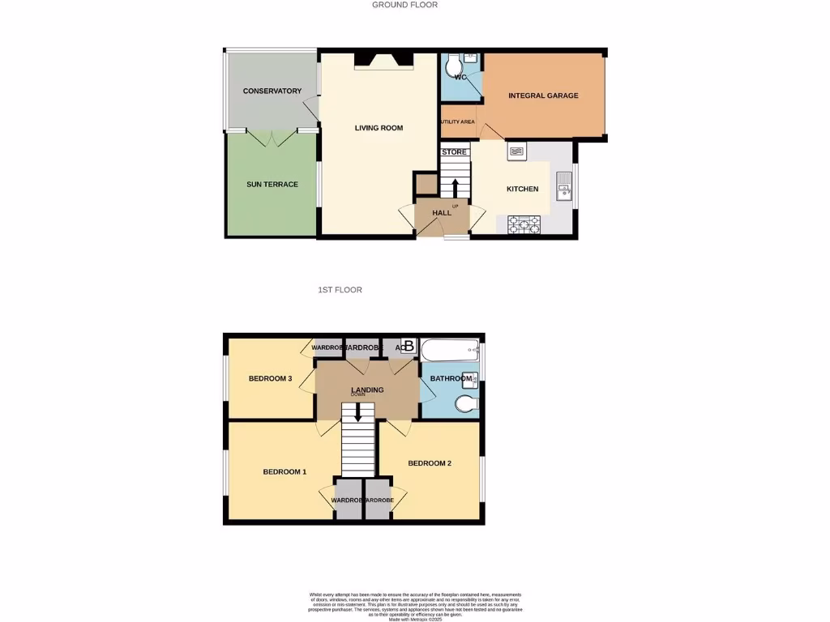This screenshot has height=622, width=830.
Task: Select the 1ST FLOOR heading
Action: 340,289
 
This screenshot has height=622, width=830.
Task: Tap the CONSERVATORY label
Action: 272,91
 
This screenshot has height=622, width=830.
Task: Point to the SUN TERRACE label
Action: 272,185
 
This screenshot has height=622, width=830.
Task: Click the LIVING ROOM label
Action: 379,128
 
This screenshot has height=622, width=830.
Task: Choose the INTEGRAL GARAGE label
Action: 543,96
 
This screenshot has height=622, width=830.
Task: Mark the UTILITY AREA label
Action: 457,122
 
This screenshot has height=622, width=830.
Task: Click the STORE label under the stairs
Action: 455,152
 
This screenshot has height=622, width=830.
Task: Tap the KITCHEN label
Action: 522,189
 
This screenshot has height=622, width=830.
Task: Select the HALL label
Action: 442,212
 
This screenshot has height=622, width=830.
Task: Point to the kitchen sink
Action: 564,186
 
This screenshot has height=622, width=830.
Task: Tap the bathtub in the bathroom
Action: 451,351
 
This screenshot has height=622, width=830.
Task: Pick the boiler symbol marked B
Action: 409,347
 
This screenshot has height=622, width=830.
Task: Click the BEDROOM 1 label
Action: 284,471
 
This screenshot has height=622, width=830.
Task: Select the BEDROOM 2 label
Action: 430,463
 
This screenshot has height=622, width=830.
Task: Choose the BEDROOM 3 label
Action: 270,378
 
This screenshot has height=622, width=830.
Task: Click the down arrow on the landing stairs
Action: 358,412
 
